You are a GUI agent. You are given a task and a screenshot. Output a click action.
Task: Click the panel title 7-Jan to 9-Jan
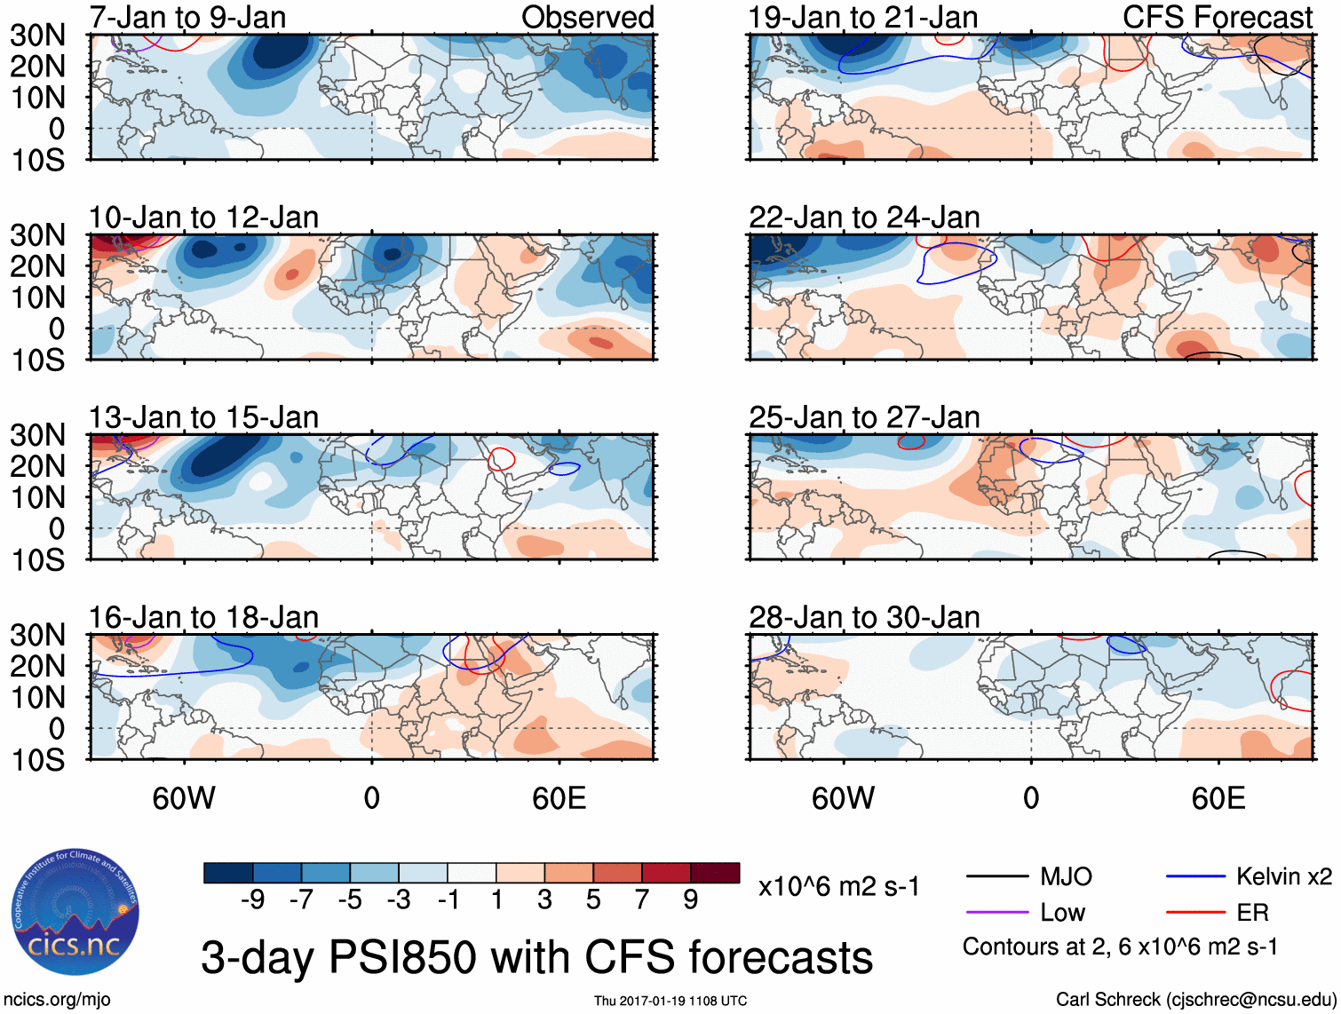pyautogui.click(x=187, y=18)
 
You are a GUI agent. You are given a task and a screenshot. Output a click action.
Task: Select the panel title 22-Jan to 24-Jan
pyautogui.click(x=864, y=218)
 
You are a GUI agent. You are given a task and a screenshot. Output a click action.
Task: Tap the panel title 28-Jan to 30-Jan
pyautogui.click(x=864, y=617)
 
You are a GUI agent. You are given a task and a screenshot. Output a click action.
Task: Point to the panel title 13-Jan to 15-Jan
pyautogui.click(x=203, y=417)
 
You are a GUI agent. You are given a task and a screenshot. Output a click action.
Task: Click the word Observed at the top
pyautogui.click(x=587, y=18)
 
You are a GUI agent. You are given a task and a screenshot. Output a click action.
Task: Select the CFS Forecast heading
pyautogui.click(x=1218, y=18)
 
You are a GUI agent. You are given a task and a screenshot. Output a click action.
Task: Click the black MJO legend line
pyautogui.click(x=996, y=877)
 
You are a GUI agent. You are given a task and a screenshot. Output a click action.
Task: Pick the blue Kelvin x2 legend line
pyautogui.click(x=1195, y=877)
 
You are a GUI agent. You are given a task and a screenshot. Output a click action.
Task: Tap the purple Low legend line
pyautogui.click(x=996, y=912)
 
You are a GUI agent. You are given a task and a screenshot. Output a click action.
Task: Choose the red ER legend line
pyautogui.click(x=1195, y=912)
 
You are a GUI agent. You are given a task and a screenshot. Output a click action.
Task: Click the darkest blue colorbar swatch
pyautogui.click(x=228, y=873)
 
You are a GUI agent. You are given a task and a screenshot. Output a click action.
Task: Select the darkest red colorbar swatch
pyautogui.click(x=715, y=873)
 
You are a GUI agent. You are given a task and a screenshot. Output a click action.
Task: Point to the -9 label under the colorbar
pyautogui.click(x=252, y=900)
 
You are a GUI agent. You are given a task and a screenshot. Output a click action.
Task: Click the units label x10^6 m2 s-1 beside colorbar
pyautogui.click(x=839, y=886)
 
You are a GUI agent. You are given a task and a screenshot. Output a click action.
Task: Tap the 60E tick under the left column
pyautogui.click(x=559, y=798)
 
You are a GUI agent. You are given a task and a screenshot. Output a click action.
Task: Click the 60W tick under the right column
pyautogui.click(x=843, y=798)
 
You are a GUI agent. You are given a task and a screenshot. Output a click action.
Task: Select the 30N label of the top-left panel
pyautogui.click(x=38, y=36)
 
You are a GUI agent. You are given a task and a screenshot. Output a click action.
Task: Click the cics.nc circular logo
pyautogui.click(x=75, y=913)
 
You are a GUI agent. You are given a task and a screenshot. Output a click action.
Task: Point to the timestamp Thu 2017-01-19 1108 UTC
pyautogui.click(x=670, y=1001)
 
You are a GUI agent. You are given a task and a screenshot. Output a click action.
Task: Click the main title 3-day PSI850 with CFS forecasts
pyautogui.click(x=536, y=957)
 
